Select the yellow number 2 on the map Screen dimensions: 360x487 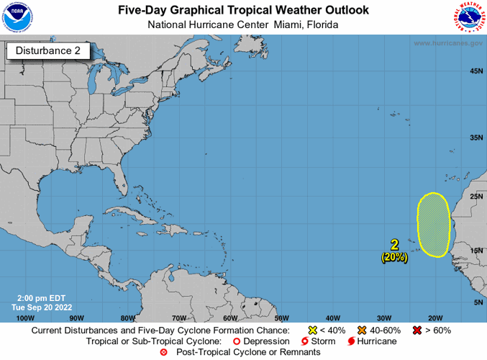(x=394, y=245)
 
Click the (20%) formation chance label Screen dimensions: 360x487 (x=395, y=256)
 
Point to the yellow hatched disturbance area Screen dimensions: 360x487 (x=434, y=225)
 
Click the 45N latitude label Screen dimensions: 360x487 (x=475, y=71)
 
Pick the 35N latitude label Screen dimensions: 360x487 (x=475, y=138)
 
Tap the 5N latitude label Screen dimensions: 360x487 (x=478, y=302)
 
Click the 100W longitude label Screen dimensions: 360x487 (x=25, y=317)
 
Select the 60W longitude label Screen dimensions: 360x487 (x=230, y=317)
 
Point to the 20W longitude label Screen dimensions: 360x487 (x=434, y=317)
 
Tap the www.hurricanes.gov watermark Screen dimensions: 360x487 (x=447, y=43)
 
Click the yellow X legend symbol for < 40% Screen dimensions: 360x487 (x=302, y=330)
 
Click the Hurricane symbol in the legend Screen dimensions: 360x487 (x=352, y=341)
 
